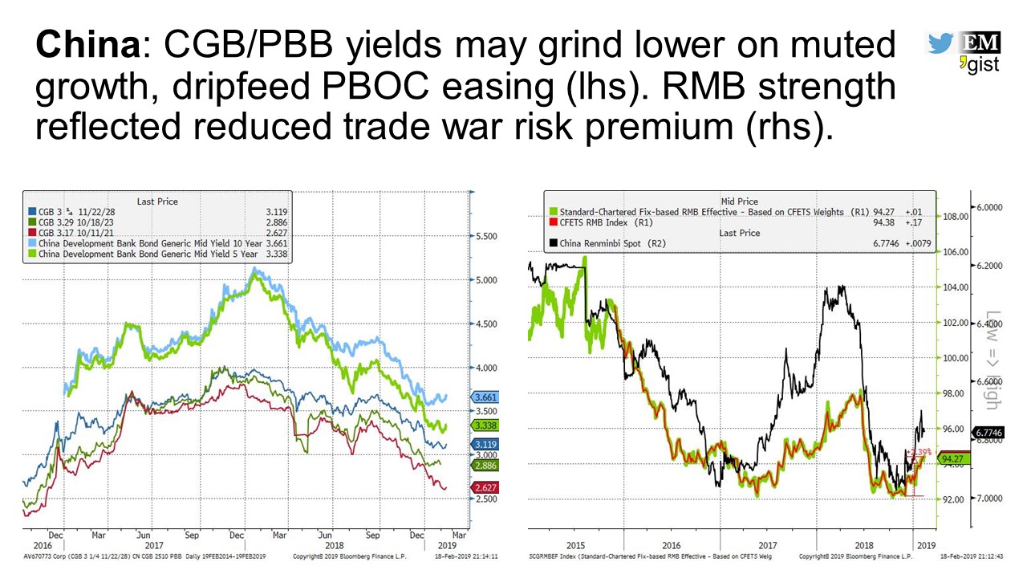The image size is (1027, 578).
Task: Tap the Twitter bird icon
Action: pyautogui.click(x=939, y=43)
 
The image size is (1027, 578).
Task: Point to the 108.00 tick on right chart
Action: pyautogui.click(x=956, y=216)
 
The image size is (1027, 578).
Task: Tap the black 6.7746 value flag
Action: pyautogui.click(x=986, y=432)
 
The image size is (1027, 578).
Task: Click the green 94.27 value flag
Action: pyautogui.click(x=953, y=459)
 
